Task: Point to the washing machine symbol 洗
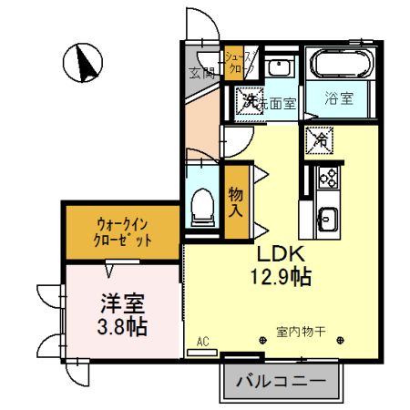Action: click(x=247, y=99)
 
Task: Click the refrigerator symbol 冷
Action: click(x=321, y=138)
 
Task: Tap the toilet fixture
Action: click(x=203, y=206)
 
